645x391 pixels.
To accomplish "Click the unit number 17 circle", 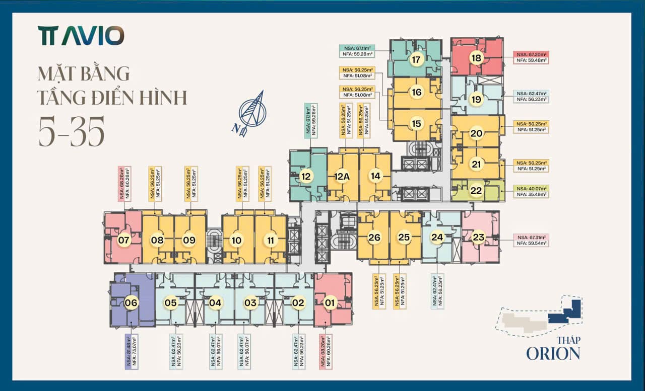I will point(416,59).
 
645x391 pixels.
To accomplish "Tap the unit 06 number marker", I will point(131,302).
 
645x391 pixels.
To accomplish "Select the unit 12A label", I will point(342,176).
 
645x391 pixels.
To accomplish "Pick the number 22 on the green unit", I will point(476,191).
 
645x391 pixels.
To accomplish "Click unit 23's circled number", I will point(478,238).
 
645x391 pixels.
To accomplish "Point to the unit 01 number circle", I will point(330,302).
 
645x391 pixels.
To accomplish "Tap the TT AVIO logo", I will point(81,36).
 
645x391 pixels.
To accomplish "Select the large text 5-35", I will point(71,131).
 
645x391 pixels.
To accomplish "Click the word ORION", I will point(553,353).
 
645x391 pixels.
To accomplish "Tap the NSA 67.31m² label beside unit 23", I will point(531,240).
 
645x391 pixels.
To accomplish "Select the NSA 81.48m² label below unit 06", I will point(131,352).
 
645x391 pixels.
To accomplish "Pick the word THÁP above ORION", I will point(568,340).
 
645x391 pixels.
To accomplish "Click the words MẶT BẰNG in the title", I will point(84,73).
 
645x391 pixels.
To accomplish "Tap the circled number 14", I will point(375,176).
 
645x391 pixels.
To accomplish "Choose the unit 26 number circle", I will point(374,238).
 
